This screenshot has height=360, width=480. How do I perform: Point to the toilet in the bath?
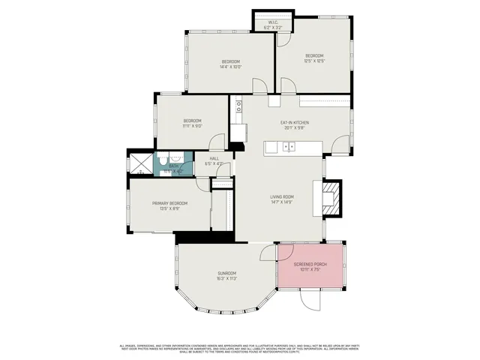174,157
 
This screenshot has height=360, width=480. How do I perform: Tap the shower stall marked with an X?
139,163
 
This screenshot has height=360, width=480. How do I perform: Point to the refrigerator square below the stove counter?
238,133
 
